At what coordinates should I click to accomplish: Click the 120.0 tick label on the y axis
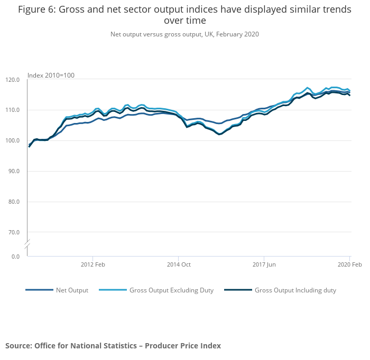12,80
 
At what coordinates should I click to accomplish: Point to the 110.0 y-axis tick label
12,110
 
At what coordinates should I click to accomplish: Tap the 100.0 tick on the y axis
12,141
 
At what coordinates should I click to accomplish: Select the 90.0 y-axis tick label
14,171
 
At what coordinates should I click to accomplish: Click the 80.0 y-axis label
14,202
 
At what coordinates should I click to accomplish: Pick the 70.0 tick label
14,232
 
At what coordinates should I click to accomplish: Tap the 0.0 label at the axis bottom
15,257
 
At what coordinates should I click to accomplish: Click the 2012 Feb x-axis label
93,264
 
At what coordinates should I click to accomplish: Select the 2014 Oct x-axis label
179,264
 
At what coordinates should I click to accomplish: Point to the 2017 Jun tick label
264,264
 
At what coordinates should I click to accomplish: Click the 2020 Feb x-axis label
349,264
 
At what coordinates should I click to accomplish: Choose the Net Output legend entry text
72,290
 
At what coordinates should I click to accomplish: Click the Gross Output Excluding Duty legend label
171,290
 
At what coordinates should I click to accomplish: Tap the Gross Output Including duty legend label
295,290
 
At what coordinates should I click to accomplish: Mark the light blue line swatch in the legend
113,290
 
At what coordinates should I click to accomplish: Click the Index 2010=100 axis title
51,75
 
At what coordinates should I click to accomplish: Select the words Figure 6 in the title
38,10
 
